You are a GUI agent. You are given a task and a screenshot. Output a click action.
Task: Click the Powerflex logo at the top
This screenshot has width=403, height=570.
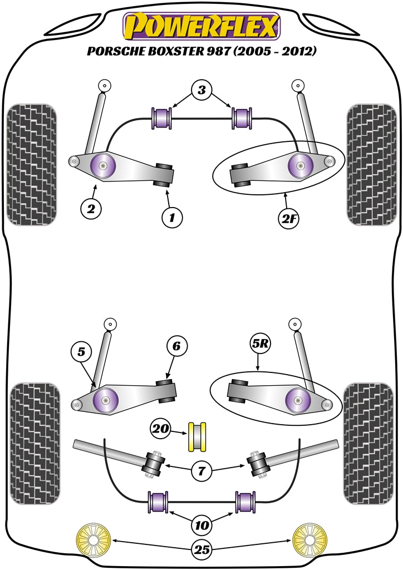coord(201,26)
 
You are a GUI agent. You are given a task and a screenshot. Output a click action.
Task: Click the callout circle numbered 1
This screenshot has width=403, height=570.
coord(172,217)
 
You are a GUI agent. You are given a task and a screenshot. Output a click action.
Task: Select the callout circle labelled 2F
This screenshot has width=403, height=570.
coord(289,218)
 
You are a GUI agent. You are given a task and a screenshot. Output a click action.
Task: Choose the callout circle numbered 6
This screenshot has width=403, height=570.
coord(176,346)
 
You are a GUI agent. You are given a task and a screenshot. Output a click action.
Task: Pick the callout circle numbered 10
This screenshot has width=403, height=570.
coord(202,524)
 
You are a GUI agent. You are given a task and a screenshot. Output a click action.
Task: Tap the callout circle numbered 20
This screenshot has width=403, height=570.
coord(161,430)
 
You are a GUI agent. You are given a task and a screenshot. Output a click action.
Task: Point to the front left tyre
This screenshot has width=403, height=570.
coord(32,165)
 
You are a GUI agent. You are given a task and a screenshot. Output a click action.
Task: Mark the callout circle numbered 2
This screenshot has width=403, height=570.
coord(91,209)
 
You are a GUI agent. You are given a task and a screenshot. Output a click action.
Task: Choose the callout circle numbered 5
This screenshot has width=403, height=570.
coord(81,352)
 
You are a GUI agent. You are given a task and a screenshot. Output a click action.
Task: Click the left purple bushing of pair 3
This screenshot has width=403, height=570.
coord(162,117)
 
